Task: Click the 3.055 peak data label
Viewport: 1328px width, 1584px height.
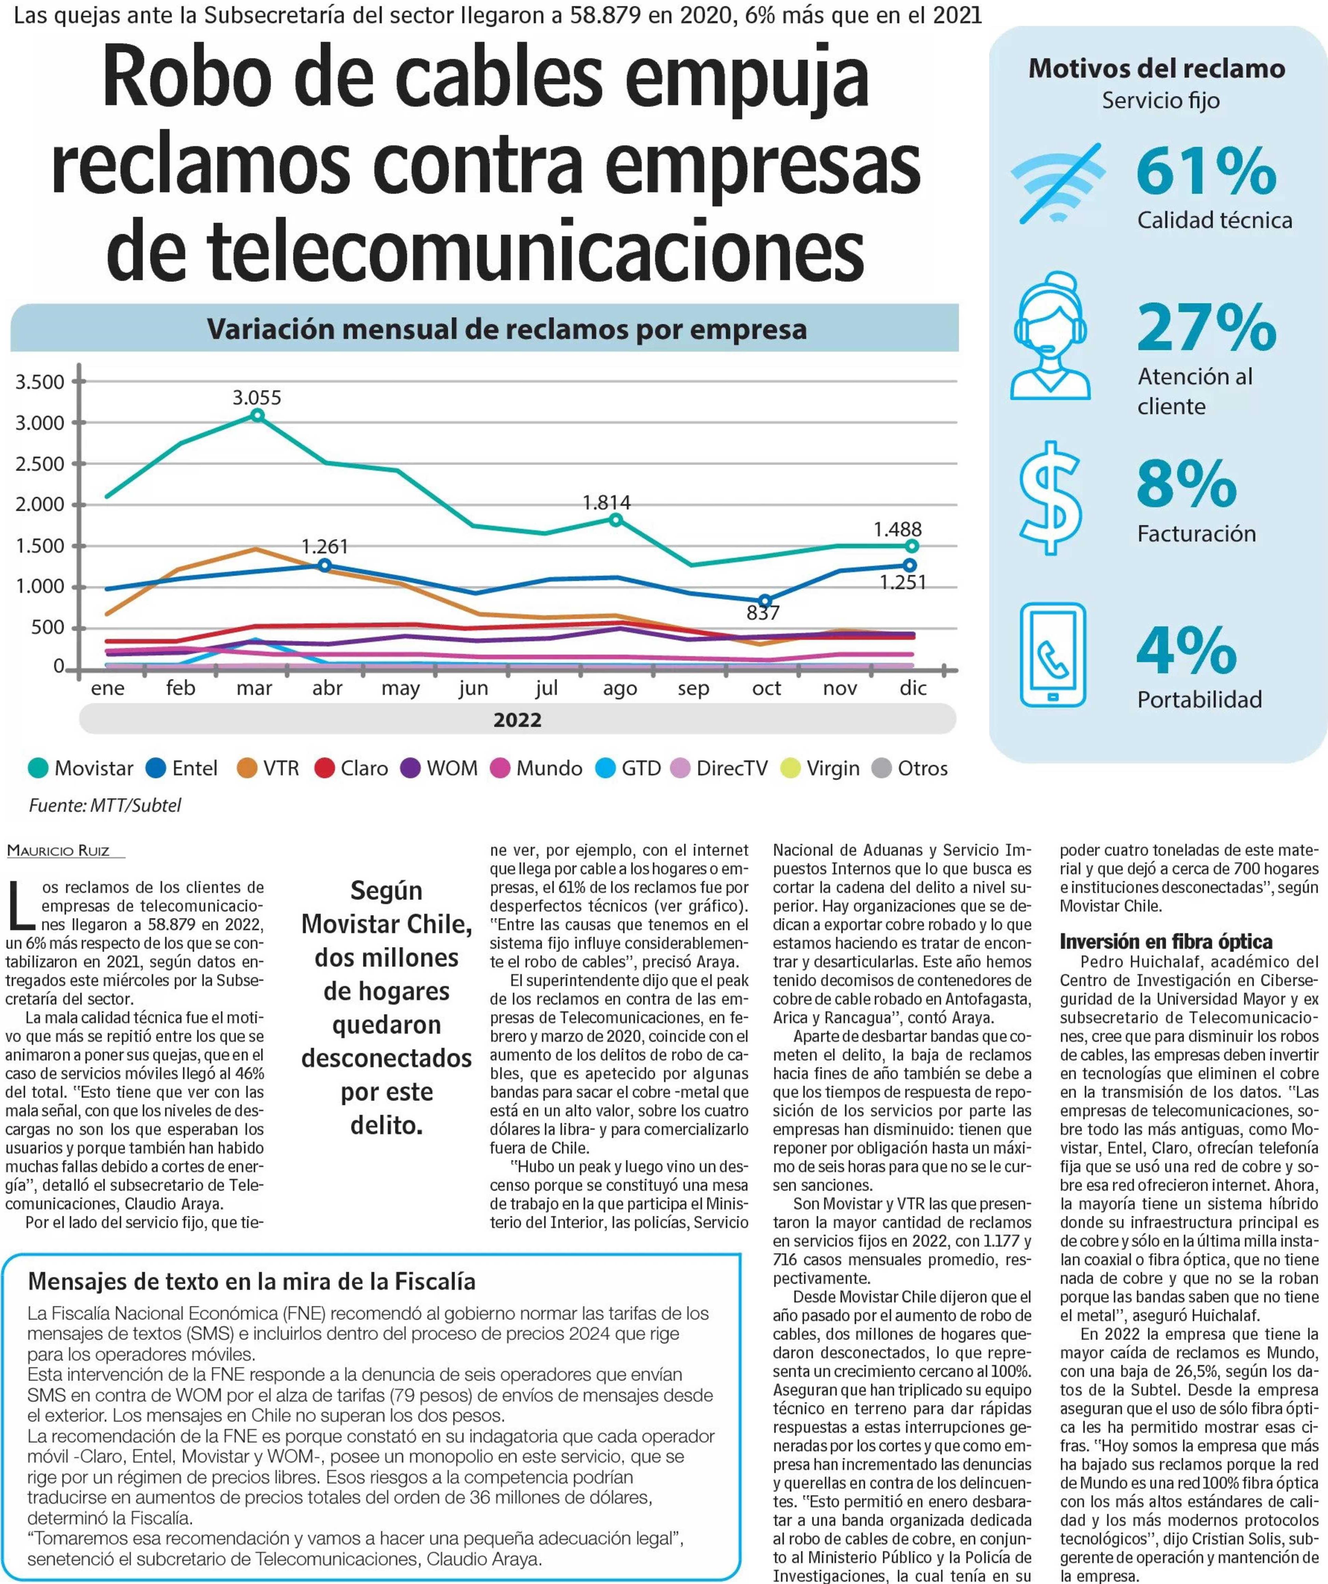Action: [x=256, y=398]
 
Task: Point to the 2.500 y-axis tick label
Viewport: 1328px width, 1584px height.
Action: [x=40, y=464]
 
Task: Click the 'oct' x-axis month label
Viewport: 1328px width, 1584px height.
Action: [x=766, y=688]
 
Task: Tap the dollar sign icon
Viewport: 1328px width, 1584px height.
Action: [x=1050, y=498]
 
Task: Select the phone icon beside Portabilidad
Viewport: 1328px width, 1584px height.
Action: [x=1053, y=654]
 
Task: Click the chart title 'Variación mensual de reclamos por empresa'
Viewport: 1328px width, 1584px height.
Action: [x=507, y=329]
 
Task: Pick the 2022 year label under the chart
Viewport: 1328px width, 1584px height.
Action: [x=517, y=720]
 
